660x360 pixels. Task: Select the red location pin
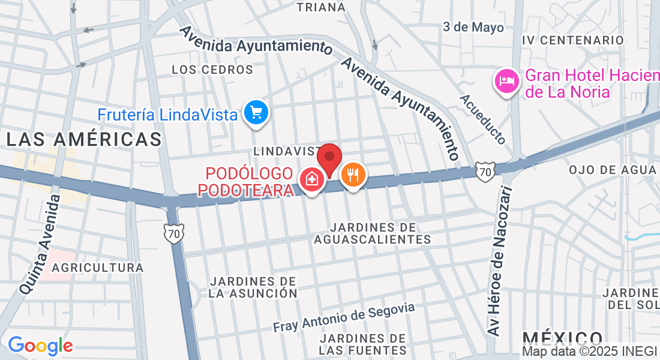[x=329, y=159]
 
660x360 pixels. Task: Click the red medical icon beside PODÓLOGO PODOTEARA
[x=311, y=178]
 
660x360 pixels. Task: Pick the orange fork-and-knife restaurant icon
[x=353, y=175]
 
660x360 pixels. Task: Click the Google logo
[x=40, y=346]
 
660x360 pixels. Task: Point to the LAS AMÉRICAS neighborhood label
[x=84, y=140]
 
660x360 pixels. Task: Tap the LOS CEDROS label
[x=212, y=70]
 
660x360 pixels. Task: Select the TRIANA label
[x=322, y=8]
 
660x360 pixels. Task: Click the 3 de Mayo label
[x=473, y=27]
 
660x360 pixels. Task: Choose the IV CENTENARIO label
[x=573, y=40]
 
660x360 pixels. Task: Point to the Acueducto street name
[x=484, y=119]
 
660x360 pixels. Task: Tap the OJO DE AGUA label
[x=613, y=170]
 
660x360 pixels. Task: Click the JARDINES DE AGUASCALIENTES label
[x=372, y=233]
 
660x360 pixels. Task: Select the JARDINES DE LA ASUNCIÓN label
[x=253, y=287]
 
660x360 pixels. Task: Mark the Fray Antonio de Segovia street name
[x=344, y=317]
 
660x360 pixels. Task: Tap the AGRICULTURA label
[x=98, y=268]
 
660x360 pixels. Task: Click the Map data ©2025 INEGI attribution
[x=589, y=352]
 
